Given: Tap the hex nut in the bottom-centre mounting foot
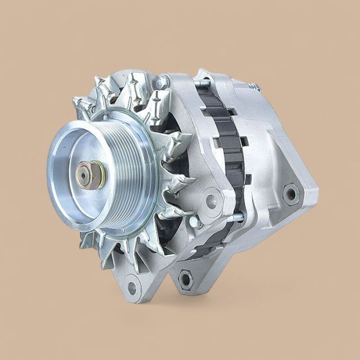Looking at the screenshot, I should (x=186, y=279).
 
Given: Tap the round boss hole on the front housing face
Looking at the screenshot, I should (x=211, y=201).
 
